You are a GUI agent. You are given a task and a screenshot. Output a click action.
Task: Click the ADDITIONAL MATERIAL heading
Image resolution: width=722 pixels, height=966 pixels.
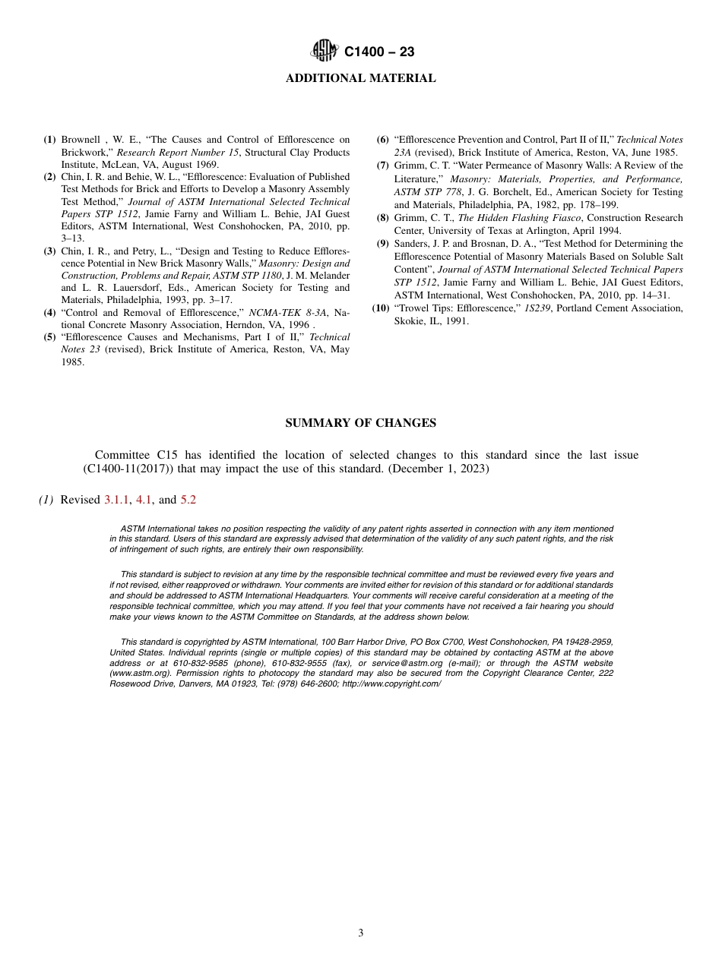pyautogui.click(x=360, y=78)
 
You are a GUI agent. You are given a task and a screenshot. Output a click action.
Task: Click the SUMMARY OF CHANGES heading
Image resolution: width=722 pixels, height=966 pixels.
pyautogui.click(x=360, y=423)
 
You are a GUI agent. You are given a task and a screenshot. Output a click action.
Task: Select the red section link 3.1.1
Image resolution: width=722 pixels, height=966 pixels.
pyautogui.click(x=116, y=500)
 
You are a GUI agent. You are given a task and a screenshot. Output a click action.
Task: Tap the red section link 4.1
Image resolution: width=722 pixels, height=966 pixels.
pyautogui.click(x=143, y=500)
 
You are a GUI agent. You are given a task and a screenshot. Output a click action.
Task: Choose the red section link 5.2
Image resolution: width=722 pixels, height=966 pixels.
pyautogui.click(x=188, y=500)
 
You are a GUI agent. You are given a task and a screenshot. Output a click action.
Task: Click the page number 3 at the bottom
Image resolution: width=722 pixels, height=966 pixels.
pyautogui.click(x=360, y=933)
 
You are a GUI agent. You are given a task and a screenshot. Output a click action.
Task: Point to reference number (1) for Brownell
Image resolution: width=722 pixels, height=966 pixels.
pyautogui.click(x=49, y=140)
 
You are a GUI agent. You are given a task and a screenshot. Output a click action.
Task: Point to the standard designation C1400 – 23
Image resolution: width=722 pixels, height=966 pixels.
pyautogui.click(x=379, y=52)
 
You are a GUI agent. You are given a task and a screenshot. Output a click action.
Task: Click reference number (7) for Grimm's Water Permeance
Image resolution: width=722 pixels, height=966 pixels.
pyautogui.click(x=383, y=166)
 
